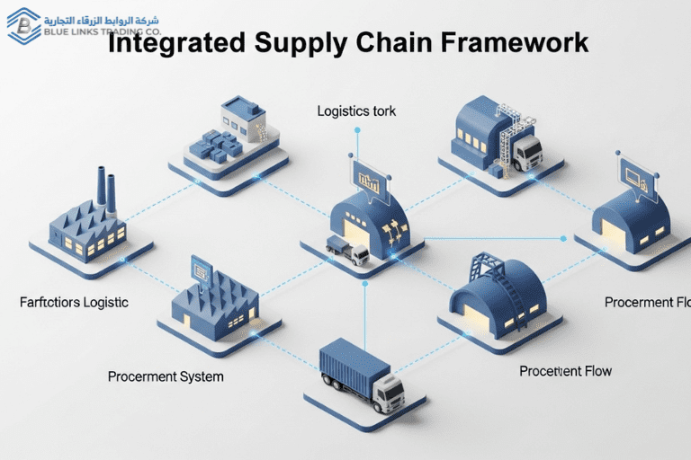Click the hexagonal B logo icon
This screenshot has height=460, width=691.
click(x=24, y=25)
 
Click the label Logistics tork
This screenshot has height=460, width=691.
click(x=356, y=111)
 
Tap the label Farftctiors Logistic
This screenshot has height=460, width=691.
click(x=74, y=302)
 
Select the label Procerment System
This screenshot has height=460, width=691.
click(x=166, y=376)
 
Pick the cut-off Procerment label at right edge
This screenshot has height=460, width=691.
click(x=647, y=302)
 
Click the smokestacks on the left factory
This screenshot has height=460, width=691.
click(x=105, y=190)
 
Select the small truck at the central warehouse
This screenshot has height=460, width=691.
click(x=347, y=251)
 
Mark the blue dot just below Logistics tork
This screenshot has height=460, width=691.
click(x=357, y=130)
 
